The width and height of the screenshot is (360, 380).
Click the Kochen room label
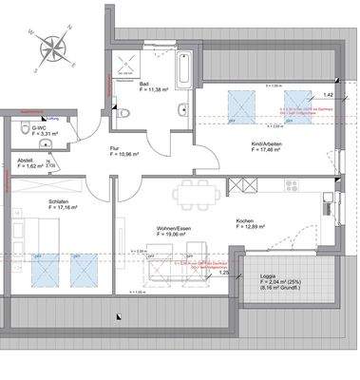point(246,221)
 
